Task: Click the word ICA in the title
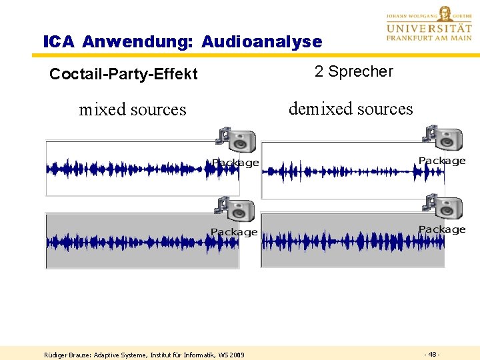[x=59, y=42]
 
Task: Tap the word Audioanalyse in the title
[x=261, y=42]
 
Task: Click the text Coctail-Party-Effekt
[x=123, y=74]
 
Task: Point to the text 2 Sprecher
[x=354, y=71]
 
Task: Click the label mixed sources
[x=133, y=109]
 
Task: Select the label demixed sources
[x=351, y=109]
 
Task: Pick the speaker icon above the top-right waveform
[x=444, y=138]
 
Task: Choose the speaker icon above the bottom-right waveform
[x=443, y=208]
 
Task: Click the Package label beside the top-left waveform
[x=235, y=163]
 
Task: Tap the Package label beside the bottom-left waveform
[x=234, y=232]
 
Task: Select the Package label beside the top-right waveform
[x=442, y=161]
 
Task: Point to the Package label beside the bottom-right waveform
[x=442, y=229]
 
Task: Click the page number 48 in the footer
[x=431, y=354]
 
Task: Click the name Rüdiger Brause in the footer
[x=68, y=355]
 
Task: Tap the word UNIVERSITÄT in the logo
[x=428, y=29]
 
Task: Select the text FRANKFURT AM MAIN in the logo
[x=428, y=39]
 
